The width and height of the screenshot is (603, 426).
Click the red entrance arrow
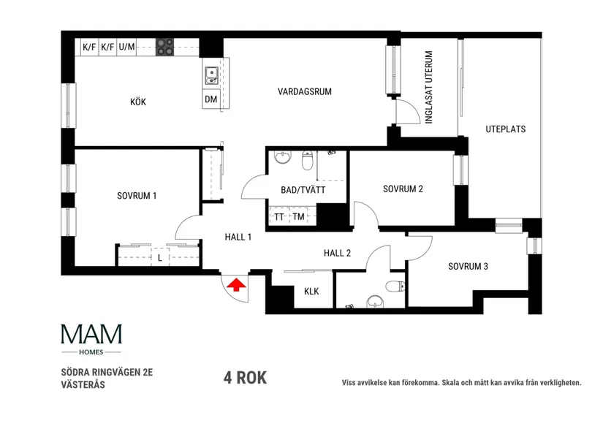[235, 285]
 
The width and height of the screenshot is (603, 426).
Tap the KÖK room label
[138, 102]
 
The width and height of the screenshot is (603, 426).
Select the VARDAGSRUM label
[305, 91]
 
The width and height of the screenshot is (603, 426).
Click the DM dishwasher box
[211, 99]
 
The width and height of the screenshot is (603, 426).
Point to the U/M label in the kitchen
[126, 47]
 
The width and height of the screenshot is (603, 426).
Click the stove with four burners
[166, 47]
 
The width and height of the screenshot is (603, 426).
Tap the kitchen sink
[211, 74]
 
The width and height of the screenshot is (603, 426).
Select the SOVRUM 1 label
[137, 196]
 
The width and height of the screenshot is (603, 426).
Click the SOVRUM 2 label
[403, 189]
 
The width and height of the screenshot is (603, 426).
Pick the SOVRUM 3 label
[468, 266]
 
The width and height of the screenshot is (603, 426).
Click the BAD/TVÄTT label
[303, 190]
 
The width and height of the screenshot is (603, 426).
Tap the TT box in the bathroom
[279, 216]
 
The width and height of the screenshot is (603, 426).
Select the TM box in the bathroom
[298, 216]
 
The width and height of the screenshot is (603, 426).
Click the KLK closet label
[311, 292]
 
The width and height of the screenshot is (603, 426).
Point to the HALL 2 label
[338, 254]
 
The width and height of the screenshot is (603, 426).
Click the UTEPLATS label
[505, 129]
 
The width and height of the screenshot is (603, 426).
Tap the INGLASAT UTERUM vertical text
[430, 88]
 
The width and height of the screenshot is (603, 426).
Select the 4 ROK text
[245, 378]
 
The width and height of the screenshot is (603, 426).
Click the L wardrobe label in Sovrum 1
[159, 258]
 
